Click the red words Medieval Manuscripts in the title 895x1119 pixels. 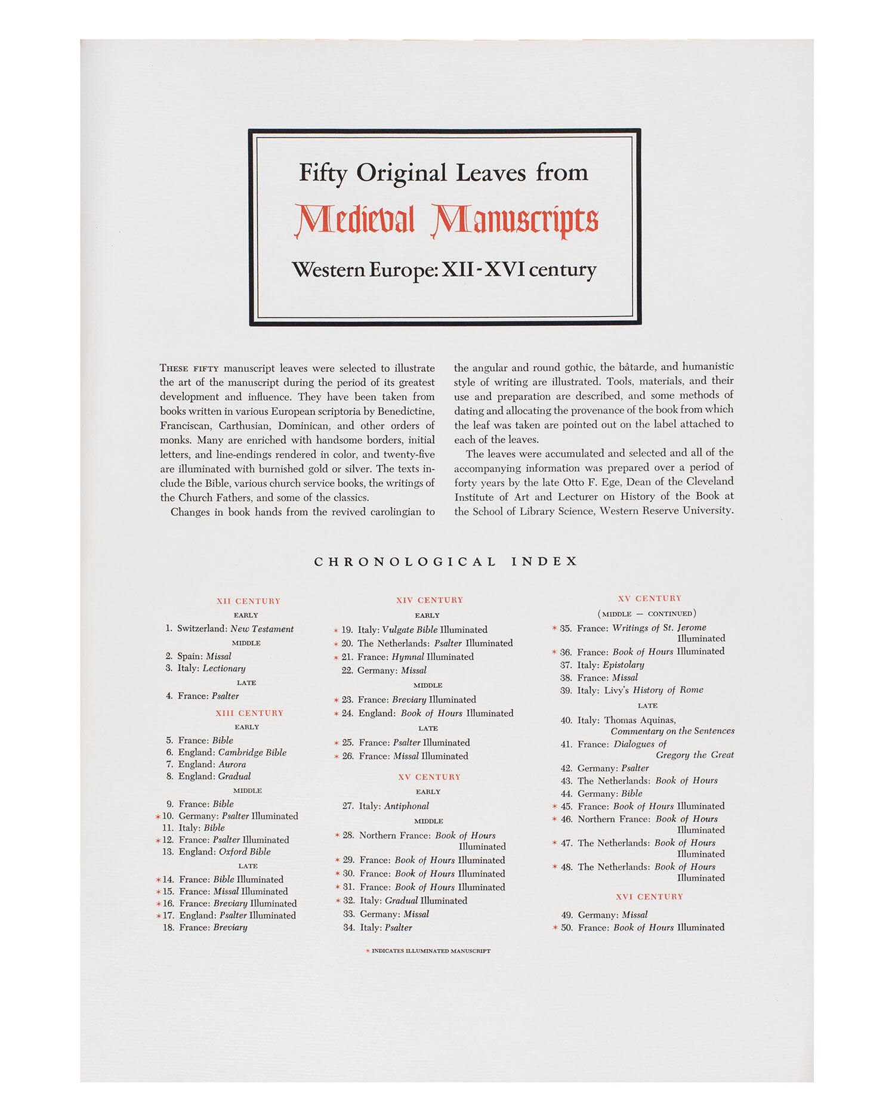pyautogui.click(x=446, y=220)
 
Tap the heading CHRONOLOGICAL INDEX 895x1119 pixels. pyautogui.click(x=446, y=561)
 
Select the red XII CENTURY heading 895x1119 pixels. pyautogui.click(x=248, y=601)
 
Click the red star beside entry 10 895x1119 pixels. pyautogui.click(x=158, y=817)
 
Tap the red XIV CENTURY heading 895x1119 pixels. pyautogui.click(x=430, y=600)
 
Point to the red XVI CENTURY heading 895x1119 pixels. pyautogui.click(x=649, y=897)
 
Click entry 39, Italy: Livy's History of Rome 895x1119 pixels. pyautogui.click(x=640, y=690)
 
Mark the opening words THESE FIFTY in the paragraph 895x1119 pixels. pyautogui.click(x=189, y=369)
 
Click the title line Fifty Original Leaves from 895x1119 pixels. pyautogui.click(x=443, y=173)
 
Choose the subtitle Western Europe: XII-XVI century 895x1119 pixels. pyautogui.click(x=444, y=270)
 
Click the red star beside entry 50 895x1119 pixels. pyautogui.click(x=555, y=928)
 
